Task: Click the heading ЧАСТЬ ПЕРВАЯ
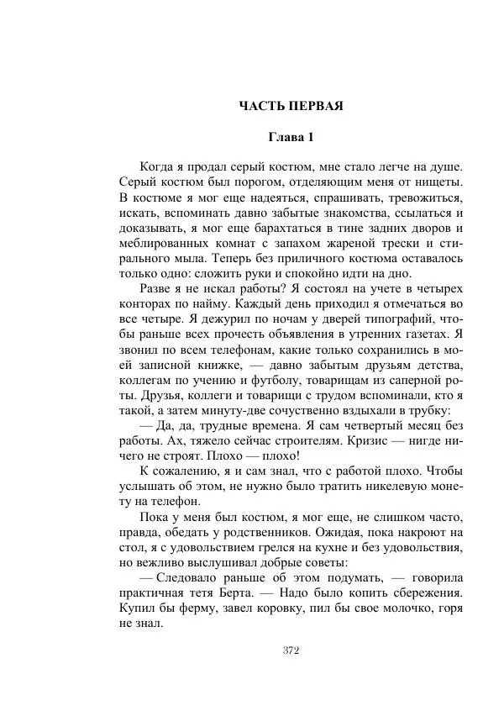[291, 106]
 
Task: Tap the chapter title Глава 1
[291, 137]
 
